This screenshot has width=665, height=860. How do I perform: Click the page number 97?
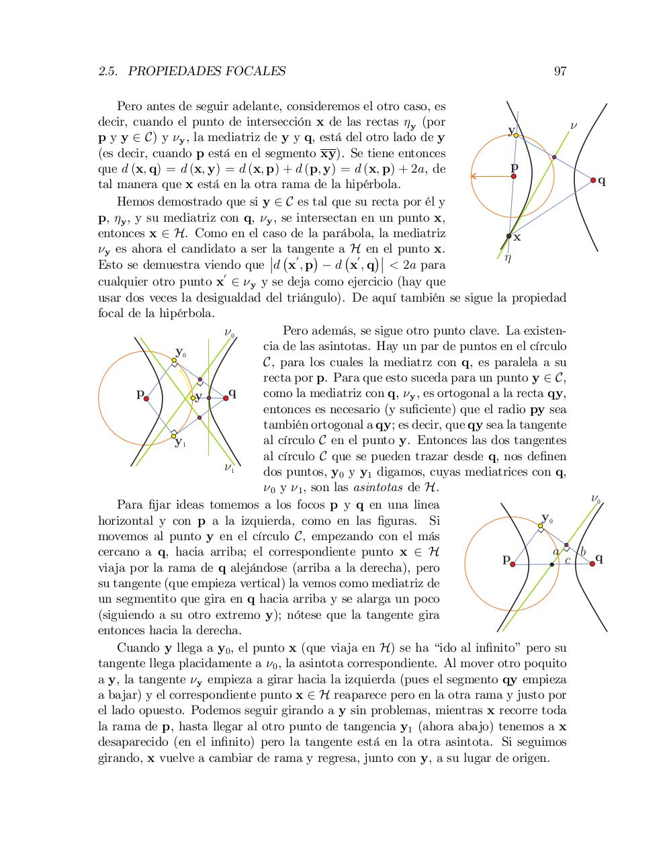click(560, 71)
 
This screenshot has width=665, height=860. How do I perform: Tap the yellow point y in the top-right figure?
click(516, 135)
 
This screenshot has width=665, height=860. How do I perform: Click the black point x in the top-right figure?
click(508, 236)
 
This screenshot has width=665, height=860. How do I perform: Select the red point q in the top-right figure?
click(593, 180)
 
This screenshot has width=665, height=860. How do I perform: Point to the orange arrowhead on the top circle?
click(474, 177)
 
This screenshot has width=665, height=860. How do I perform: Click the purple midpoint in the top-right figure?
click(554, 157)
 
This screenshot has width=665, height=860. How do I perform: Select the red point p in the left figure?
click(146, 398)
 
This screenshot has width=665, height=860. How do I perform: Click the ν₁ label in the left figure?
click(228, 467)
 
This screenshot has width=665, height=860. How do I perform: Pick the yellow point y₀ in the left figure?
click(173, 361)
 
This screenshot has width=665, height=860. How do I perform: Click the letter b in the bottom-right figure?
click(582, 552)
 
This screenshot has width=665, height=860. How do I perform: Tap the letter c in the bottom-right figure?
click(568, 560)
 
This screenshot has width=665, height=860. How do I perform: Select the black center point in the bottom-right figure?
click(552, 564)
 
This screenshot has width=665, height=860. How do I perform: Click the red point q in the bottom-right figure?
click(592, 564)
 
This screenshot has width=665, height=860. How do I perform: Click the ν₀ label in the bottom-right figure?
click(596, 498)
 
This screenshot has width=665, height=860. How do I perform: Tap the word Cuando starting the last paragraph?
click(138, 648)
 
